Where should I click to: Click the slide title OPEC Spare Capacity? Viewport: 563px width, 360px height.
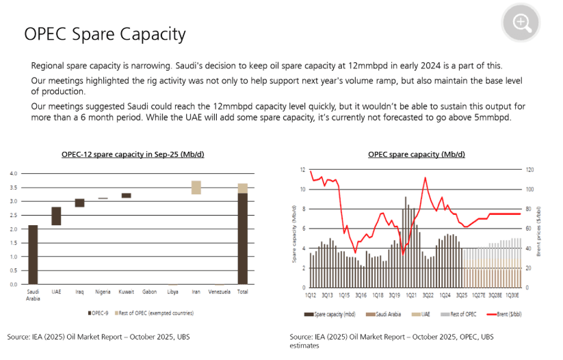point(105,34)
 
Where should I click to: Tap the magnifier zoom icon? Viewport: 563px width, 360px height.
point(522,23)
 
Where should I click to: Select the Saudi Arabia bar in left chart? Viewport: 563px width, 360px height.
point(33,254)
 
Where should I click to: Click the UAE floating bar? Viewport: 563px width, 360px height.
point(56,216)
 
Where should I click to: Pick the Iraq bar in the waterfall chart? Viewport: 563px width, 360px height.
point(80,203)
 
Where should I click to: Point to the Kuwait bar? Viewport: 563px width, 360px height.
point(126,195)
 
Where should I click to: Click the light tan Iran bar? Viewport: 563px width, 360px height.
point(196,188)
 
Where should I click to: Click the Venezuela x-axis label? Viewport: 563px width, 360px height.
point(219,291)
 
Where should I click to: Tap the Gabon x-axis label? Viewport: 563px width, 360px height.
point(150,291)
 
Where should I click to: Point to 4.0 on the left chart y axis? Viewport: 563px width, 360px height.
point(14,173)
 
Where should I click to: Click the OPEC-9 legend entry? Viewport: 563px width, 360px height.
point(99,313)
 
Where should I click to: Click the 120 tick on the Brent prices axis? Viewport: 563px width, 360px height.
point(529,170)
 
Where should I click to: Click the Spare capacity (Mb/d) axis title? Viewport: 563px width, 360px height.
point(295,228)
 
